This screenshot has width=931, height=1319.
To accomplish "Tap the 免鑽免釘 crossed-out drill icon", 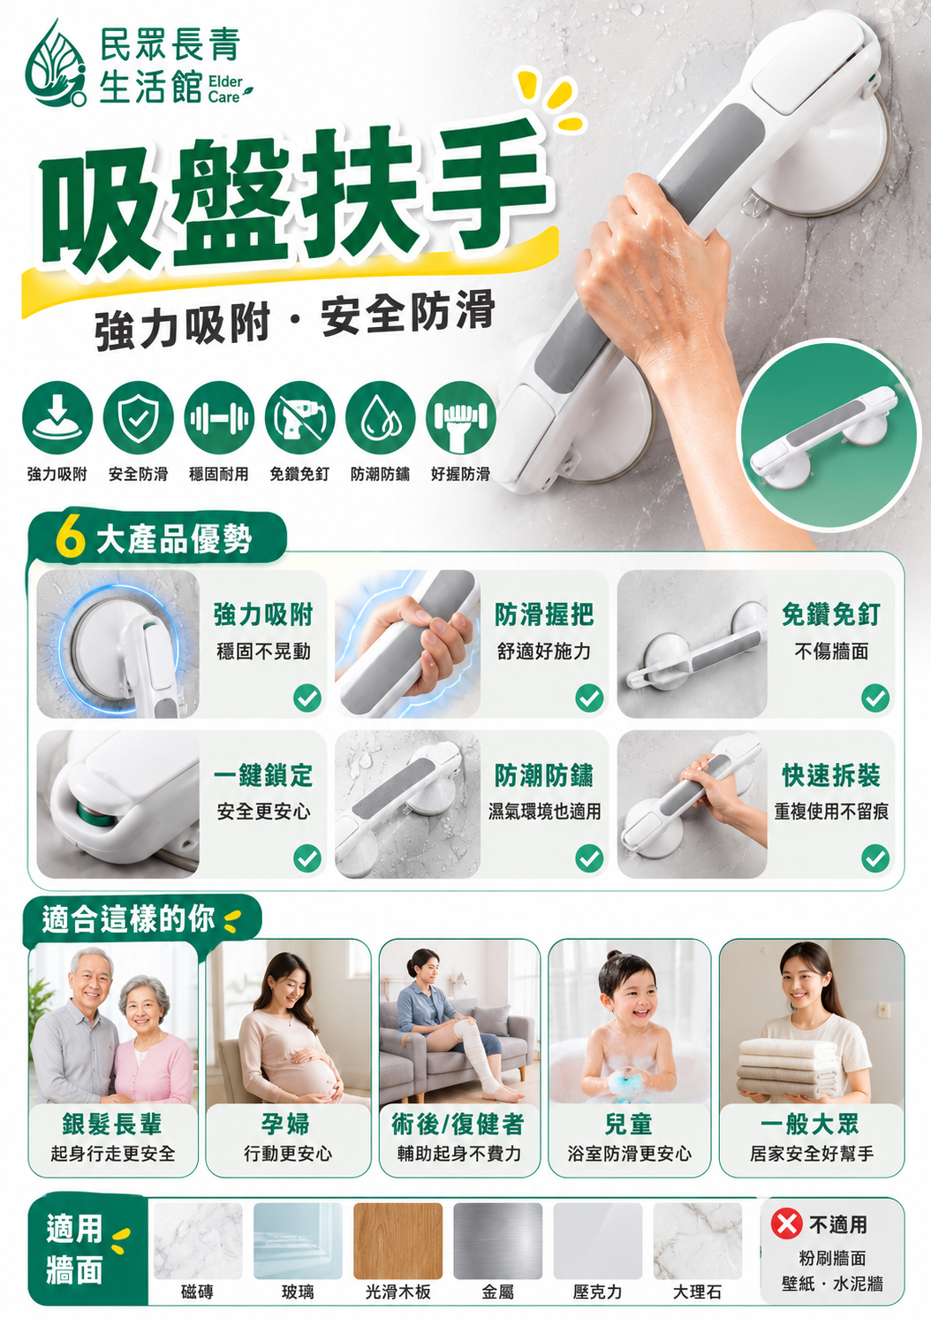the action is point(299,417).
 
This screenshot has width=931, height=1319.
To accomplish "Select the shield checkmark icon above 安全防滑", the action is point(138,417).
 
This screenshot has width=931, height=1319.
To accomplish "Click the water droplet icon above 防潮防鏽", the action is point(380,417).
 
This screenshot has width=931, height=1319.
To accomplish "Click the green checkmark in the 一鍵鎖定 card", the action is point(307,858).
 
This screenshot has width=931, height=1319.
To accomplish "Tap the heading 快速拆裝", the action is point(830,775).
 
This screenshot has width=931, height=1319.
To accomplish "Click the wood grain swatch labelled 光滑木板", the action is point(397,1241).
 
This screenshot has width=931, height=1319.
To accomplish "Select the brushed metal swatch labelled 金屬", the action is point(498,1241).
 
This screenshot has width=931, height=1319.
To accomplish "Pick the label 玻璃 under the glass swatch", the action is point(298,1292).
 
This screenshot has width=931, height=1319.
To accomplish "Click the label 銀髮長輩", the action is point(112,1125).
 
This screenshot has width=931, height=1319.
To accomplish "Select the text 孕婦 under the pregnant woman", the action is point(285,1125).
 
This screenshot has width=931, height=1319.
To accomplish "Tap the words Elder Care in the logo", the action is point(225,89).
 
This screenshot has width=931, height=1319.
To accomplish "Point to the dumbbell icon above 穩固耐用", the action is point(219,417).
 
